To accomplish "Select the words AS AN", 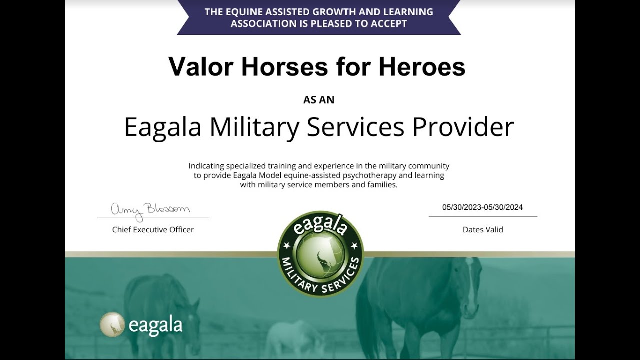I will [319, 100].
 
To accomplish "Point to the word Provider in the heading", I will [463, 127].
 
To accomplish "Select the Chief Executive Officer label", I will [153, 230].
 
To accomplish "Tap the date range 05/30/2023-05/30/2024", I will [482, 207].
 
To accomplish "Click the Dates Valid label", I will [483, 230].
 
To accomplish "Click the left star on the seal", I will [287, 246].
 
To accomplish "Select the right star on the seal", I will [354, 246].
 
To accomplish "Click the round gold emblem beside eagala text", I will [112, 324].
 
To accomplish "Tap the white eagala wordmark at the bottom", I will [155, 325].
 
